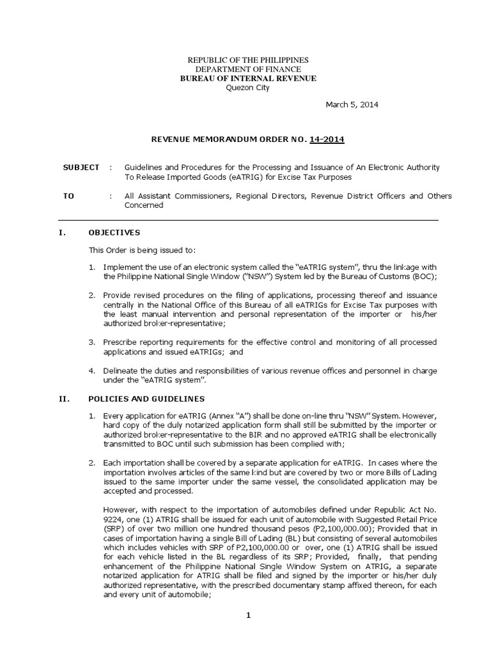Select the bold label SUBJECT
pyautogui.click(x=81, y=167)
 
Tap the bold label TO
pyautogui.click(x=68, y=196)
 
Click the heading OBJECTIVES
pyautogui.click(x=114, y=232)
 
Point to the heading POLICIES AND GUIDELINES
pyautogui.click(x=146, y=399)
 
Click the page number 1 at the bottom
pyautogui.click(x=249, y=615)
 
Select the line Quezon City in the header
pyautogui.click(x=248, y=88)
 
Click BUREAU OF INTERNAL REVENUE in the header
pyautogui.click(x=248, y=78)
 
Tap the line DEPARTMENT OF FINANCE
pyautogui.click(x=248, y=69)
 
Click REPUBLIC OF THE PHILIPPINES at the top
pyautogui.click(x=248, y=59)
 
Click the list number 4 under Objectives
pyautogui.click(x=92, y=370)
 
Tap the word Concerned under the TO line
pyautogui.click(x=144, y=205)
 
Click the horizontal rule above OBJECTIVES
pyautogui.click(x=248, y=220)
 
